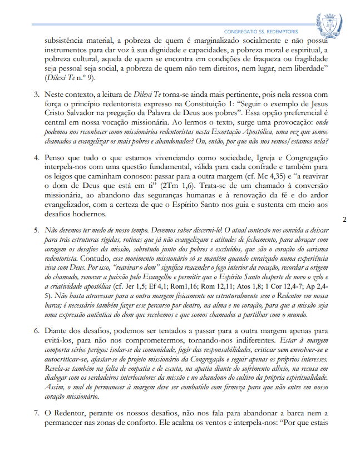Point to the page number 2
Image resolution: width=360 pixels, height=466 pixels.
point(344,219)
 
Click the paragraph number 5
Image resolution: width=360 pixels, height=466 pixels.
point(36,230)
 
